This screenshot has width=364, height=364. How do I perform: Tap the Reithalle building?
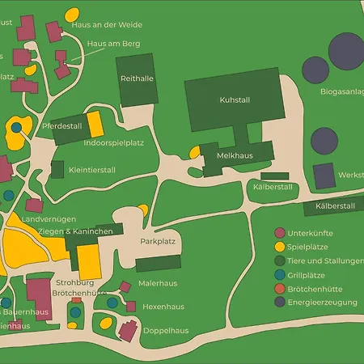(x=137, y=79)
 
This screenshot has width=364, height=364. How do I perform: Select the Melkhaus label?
(x=235, y=154)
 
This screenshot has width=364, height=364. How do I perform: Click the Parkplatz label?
(x=158, y=241)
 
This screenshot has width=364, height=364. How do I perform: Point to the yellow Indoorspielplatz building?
(x=95, y=125)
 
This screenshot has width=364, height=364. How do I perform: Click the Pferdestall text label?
(x=63, y=127)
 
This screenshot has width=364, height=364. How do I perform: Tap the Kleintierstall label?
(x=92, y=171)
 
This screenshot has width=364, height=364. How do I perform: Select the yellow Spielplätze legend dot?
(x=280, y=248)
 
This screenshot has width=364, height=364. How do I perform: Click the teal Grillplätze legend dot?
(x=280, y=275)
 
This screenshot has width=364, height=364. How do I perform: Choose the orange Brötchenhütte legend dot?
(x=280, y=289)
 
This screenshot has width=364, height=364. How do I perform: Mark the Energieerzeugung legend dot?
(x=280, y=303)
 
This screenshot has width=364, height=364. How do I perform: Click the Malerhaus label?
(x=159, y=284)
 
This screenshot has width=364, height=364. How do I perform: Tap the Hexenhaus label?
(x=161, y=308)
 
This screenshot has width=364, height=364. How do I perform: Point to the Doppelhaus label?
(x=166, y=331)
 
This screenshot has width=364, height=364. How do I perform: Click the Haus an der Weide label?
(x=107, y=24)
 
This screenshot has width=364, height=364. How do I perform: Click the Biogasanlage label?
(x=341, y=91)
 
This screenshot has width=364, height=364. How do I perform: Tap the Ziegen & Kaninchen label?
(x=75, y=231)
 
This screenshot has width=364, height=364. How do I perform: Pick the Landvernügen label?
(x=49, y=219)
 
